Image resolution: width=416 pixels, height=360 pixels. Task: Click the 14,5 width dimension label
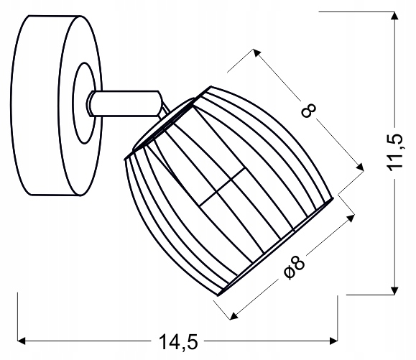(x=178, y=342)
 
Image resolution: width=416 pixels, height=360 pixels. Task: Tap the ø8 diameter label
(x=295, y=267)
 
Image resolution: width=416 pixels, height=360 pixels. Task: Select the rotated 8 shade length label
(x=309, y=111)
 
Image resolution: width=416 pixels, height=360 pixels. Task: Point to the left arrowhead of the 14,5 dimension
(x=22, y=341)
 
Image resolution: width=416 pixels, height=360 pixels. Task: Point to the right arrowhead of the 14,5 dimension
(x=333, y=341)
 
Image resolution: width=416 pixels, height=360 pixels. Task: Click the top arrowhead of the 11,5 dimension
(x=394, y=16)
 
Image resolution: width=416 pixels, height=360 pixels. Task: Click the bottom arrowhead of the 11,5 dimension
(x=394, y=291)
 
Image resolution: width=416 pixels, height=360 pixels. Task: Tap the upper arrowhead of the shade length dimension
(x=256, y=52)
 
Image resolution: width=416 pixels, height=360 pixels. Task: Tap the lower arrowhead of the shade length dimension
(x=360, y=167)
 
